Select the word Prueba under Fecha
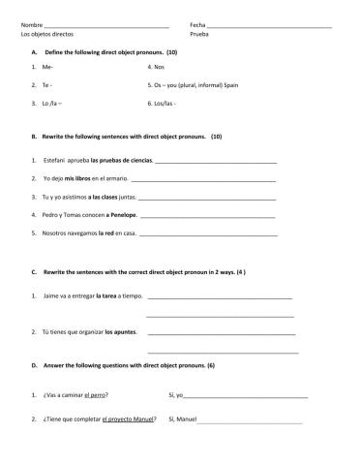[199, 34]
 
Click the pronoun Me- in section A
[47, 67]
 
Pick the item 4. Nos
[156, 67]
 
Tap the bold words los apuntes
[120, 333]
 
